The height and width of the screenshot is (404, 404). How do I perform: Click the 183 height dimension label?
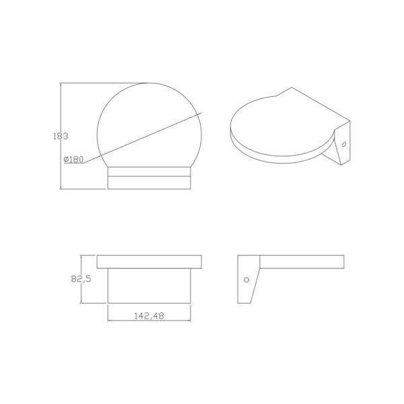click(61, 136)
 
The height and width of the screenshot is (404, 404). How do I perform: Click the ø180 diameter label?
click(73, 160)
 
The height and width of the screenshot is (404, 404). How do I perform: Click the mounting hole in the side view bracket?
click(246, 279)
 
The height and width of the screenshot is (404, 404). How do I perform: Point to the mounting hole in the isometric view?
click(343, 144)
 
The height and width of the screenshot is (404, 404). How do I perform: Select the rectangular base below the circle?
click(149, 178)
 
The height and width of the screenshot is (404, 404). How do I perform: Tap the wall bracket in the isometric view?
click(340, 145)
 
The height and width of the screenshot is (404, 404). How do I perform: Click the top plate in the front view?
click(149, 261)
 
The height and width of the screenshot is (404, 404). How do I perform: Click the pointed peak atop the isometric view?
click(291, 88)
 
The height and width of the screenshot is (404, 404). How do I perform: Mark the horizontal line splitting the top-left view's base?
click(149, 177)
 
